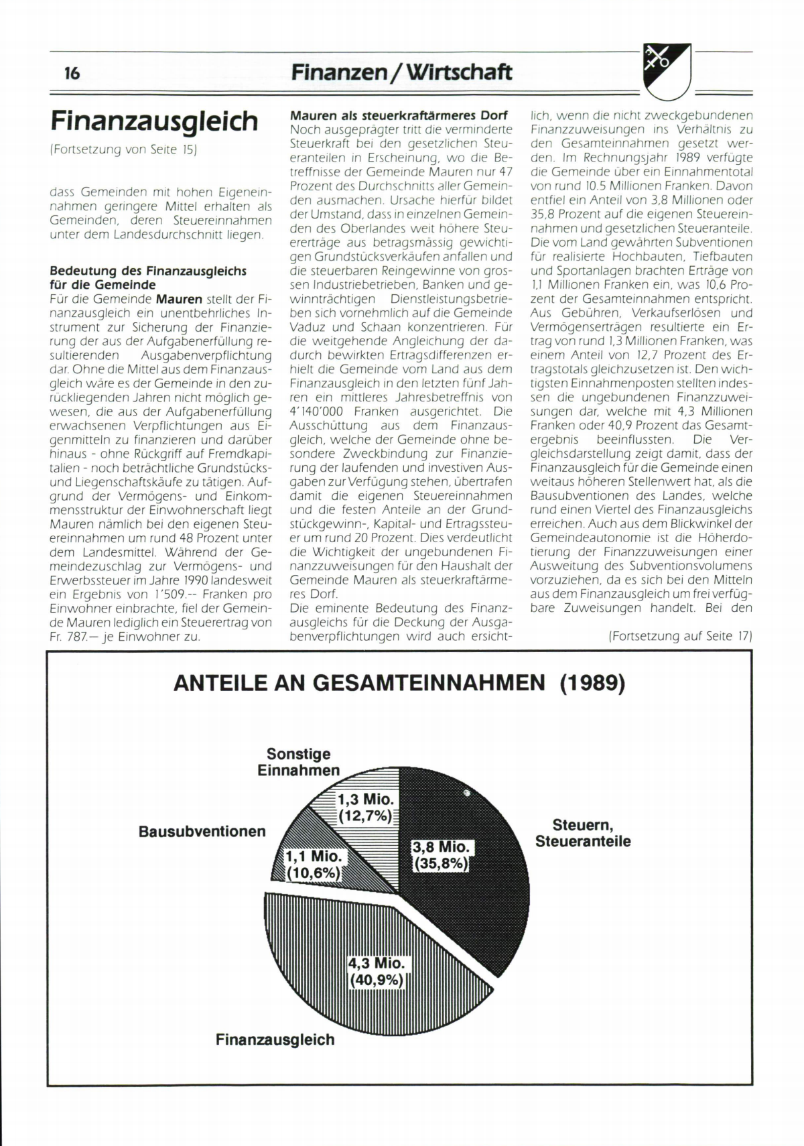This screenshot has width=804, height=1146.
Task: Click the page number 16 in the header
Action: [72, 73]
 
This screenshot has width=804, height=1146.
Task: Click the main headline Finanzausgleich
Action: [154, 121]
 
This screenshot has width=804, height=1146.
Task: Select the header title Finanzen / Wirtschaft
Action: [401, 72]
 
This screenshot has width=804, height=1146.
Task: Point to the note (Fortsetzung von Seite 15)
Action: [123, 149]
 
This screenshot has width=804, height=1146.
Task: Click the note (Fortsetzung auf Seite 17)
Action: [680, 636]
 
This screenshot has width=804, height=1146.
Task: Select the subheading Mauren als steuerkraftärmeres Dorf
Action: [399, 115]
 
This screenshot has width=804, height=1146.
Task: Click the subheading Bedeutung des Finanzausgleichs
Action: [148, 271]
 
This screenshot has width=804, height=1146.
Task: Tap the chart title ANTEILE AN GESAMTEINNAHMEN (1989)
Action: [399, 683]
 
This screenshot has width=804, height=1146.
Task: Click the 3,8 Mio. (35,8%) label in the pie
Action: [442, 855]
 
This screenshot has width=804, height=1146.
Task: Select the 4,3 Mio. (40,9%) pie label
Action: [377, 972]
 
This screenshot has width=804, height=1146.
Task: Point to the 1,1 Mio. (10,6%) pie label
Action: [314, 865]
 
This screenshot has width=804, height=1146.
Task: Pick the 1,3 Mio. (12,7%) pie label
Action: [365, 808]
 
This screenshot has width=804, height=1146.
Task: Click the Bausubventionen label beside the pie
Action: [202, 832]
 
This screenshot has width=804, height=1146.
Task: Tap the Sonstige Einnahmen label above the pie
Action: [299, 762]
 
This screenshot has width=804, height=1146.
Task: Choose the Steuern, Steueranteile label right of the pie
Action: [583, 833]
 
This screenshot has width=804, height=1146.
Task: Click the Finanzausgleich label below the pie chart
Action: [275, 1039]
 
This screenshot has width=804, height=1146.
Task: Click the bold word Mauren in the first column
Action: [179, 299]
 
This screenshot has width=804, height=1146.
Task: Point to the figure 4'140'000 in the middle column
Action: [318, 411]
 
